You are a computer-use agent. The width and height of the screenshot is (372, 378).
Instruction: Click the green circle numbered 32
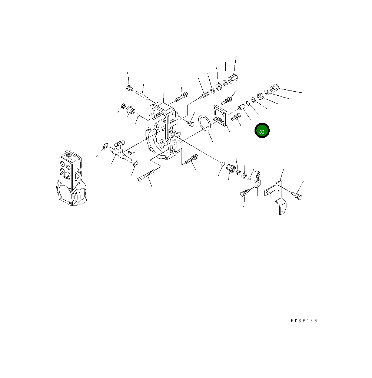coord(262,131)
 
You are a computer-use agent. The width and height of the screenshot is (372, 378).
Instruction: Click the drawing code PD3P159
coord(304,321)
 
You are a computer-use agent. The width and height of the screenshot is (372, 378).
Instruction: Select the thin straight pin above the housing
coord(143,95)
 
